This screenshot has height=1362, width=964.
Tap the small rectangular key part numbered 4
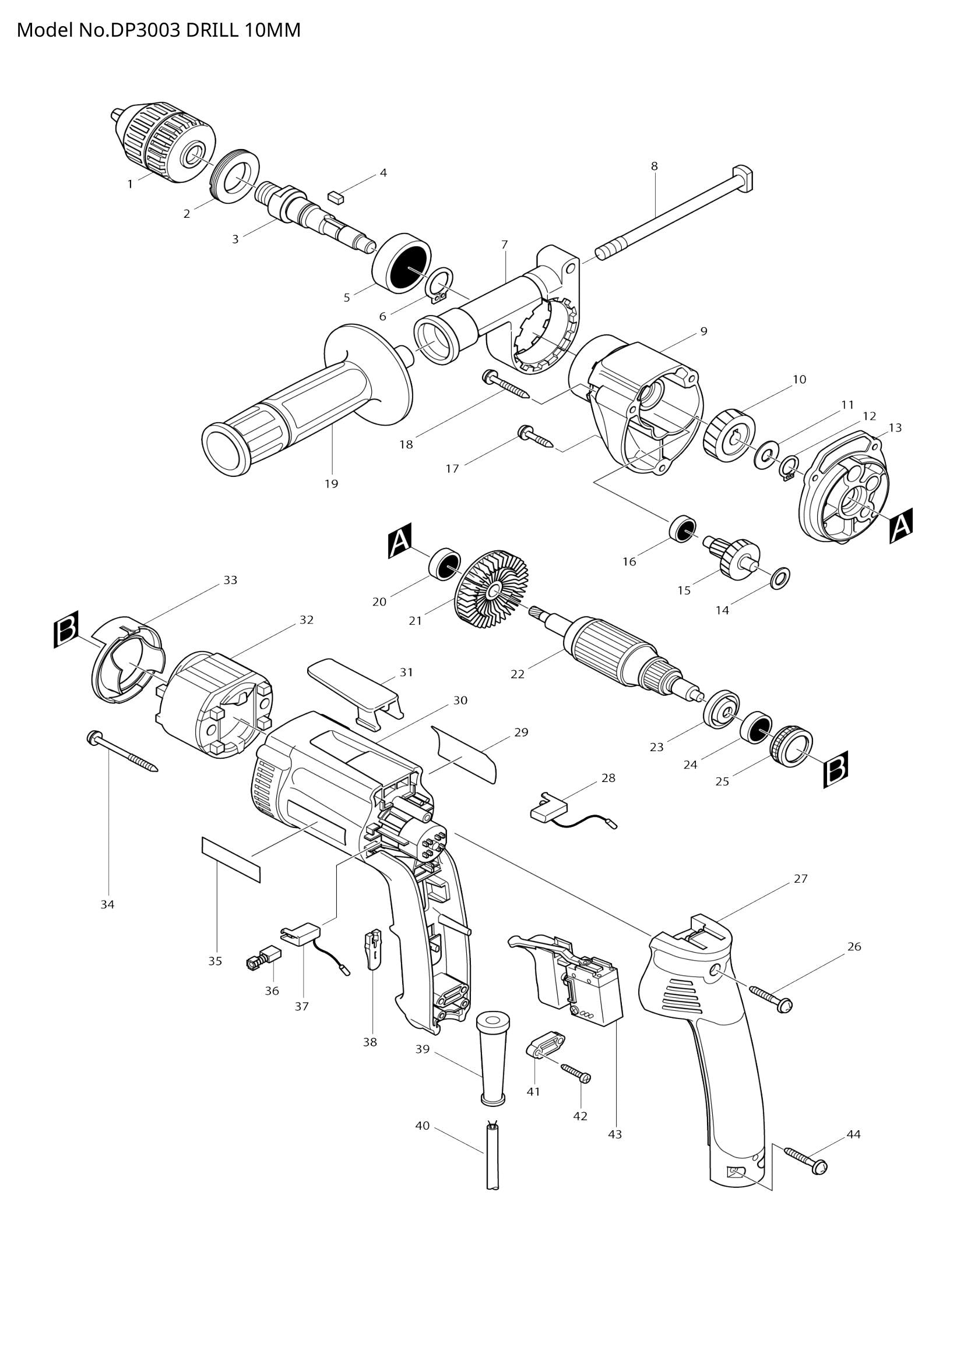pyautogui.click(x=336, y=197)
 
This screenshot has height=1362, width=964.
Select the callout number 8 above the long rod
pyautogui.click(x=654, y=167)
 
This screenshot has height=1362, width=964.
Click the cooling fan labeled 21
pyautogui.click(x=492, y=591)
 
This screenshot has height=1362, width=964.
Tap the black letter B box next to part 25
pyautogui.click(x=835, y=770)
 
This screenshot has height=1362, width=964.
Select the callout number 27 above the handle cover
pyautogui.click(x=801, y=879)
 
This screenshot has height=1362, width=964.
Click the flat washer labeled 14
pyautogui.click(x=779, y=575)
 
